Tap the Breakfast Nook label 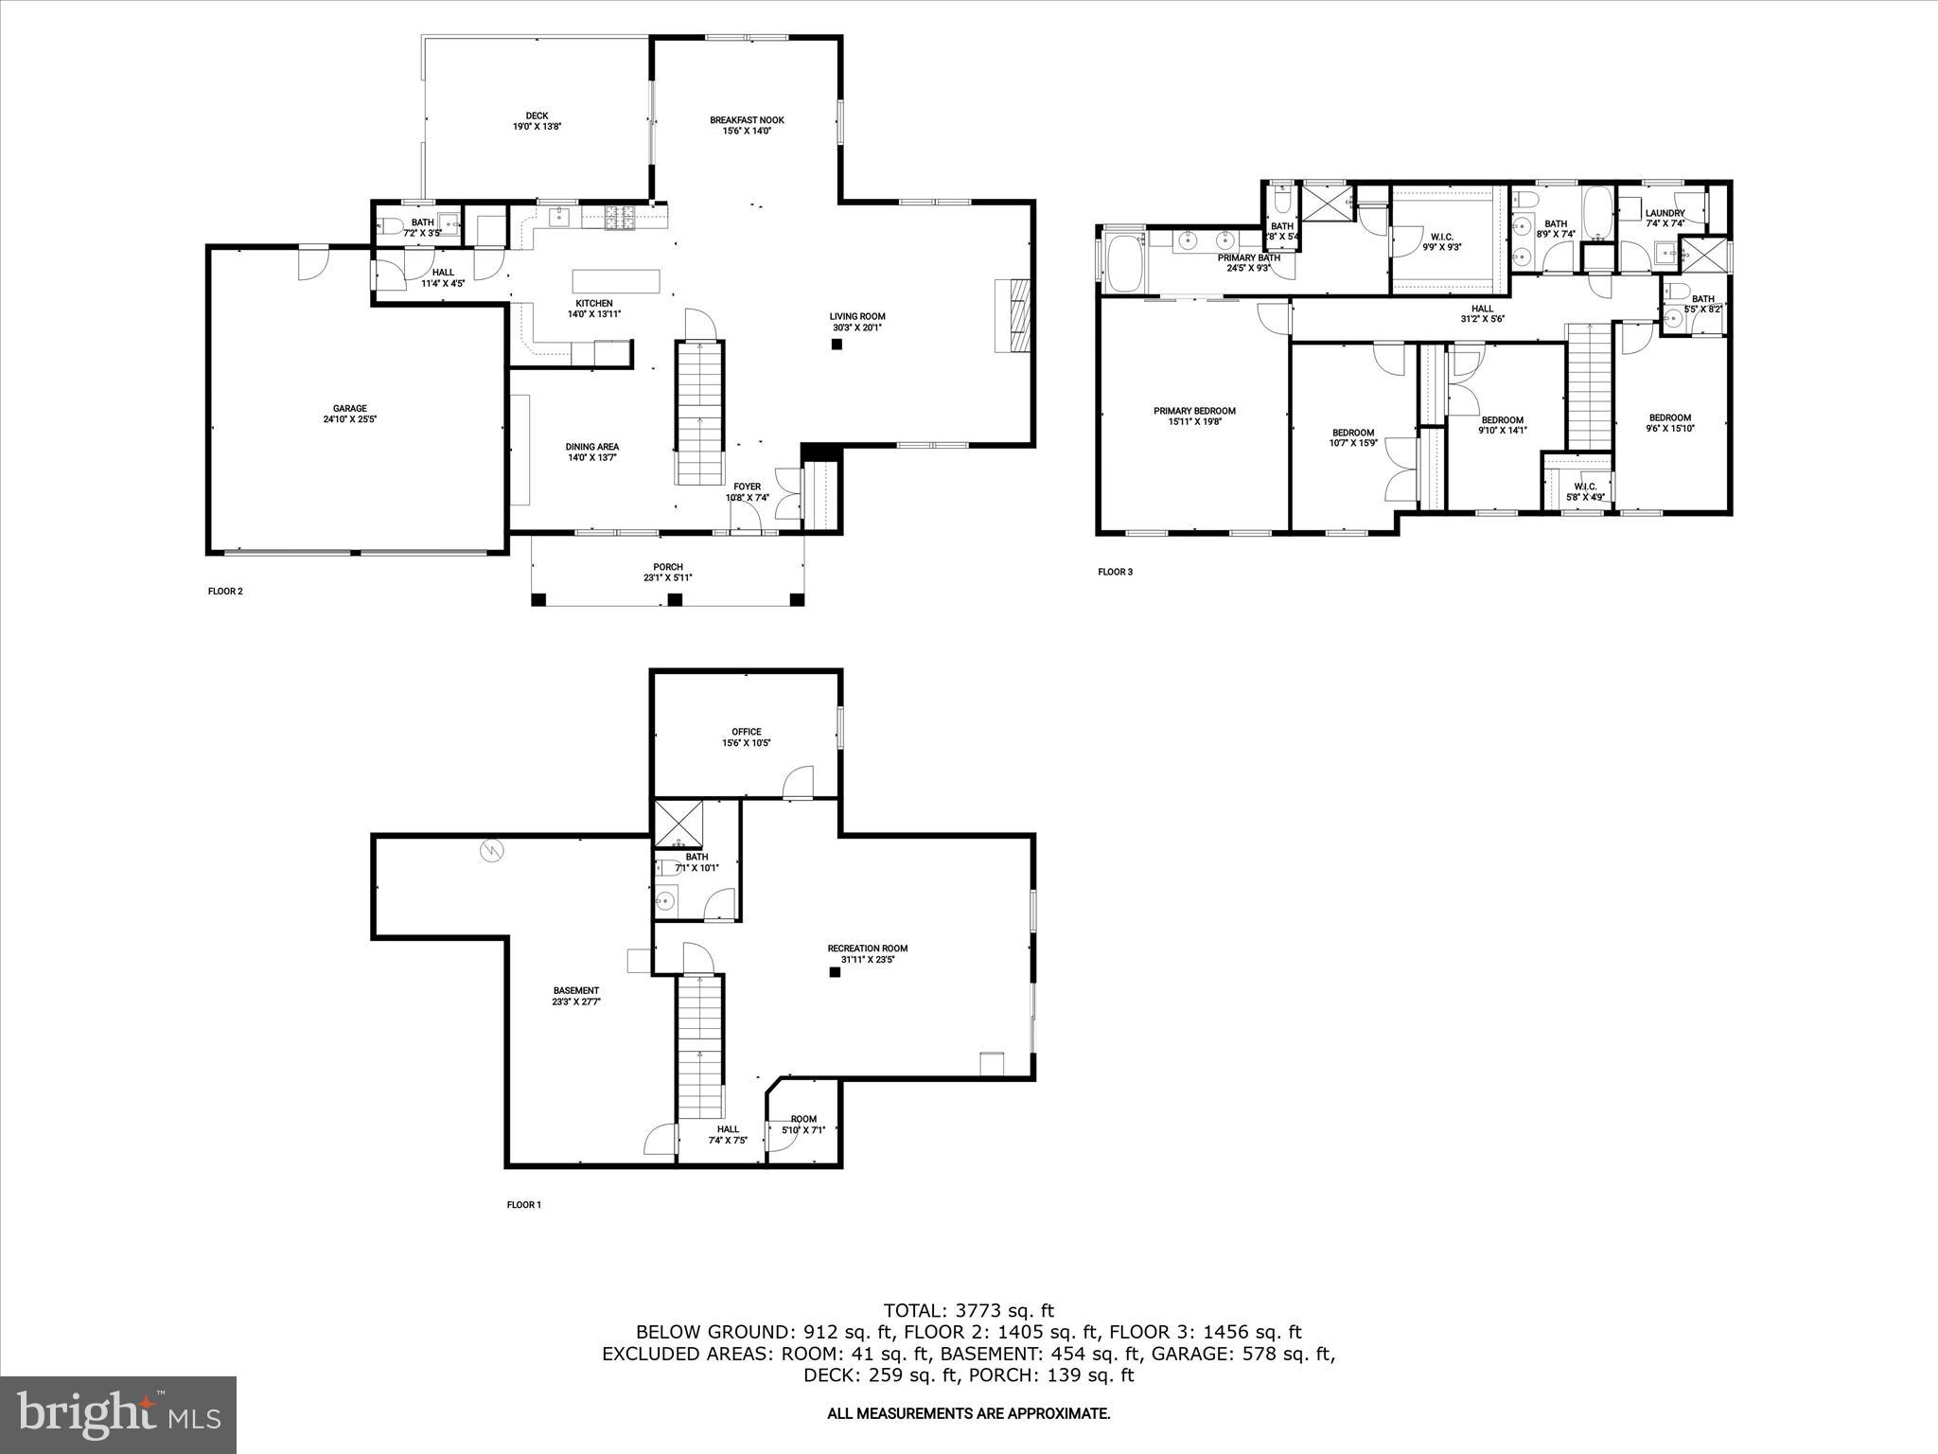(x=747, y=120)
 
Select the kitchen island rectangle (x=616, y=282)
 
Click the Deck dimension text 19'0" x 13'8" (x=537, y=127)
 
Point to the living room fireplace (x=1012, y=316)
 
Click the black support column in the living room (x=837, y=345)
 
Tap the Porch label (x=668, y=567)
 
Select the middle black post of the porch (x=675, y=599)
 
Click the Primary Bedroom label (x=1194, y=411)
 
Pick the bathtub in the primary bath (x=1124, y=264)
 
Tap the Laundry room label (x=1665, y=213)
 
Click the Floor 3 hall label (x=1482, y=309)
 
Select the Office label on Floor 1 (x=746, y=732)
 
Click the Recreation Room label (x=867, y=949)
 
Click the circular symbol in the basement (x=491, y=852)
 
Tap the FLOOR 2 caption (x=225, y=592)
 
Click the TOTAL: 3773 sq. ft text (x=968, y=1311)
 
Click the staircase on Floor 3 (x=1590, y=386)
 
